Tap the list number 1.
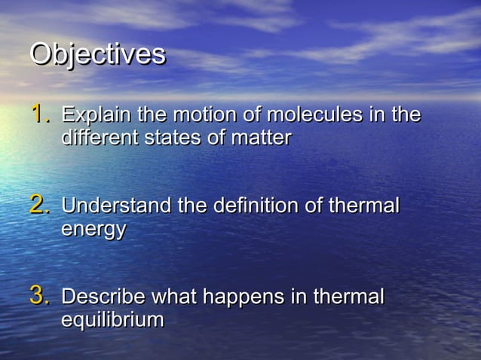pyautogui.click(x=39, y=115)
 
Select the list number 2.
pyautogui.click(x=39, y=206)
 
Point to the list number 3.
pyautogui.click(x=39, y=296)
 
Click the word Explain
pyautogui.click(x=94, y=116)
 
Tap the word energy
pyautogui.click(x=93, y=230)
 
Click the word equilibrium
pyautogui.click(x=112, y=320)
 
